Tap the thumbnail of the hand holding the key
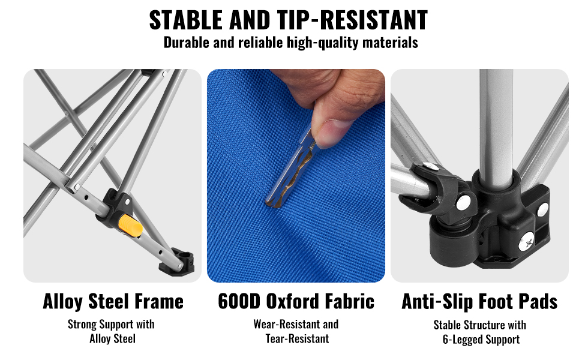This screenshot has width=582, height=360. point(296,176)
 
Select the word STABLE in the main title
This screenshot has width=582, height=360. point(186,20)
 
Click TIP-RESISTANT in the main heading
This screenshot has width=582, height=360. point(353,20)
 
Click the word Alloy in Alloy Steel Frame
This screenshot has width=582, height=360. point(63,301)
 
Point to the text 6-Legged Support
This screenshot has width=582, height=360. point(481,340)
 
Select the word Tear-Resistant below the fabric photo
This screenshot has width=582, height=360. point(298,338)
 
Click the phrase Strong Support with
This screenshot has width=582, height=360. point(111,325)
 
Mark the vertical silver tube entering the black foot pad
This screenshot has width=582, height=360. point(496,126)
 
